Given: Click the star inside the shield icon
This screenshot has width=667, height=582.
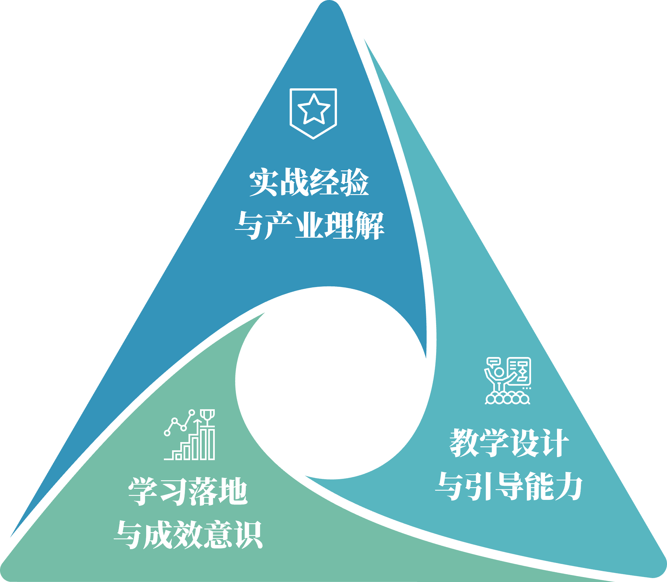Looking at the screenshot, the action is pyautogui.click(x=314, y=109).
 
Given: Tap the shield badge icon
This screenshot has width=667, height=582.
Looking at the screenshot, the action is pyautogui.click(x=313, y=114).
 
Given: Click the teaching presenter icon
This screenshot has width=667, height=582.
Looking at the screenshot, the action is pyautogui.click(x=507, y=381).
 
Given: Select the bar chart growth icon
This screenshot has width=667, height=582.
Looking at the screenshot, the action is pyautogui.click(x=189, y=435).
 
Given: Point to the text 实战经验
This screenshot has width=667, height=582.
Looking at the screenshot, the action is pyautogui.click(x=309, y=182).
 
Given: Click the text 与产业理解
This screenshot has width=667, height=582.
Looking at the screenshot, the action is pyautogui.click(x=309, y=225).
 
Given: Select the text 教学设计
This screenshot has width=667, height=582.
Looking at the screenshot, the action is pyautogui.click(x=509, y=443).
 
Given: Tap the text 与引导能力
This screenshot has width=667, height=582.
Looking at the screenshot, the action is pyautogui.click(x=509, y=486).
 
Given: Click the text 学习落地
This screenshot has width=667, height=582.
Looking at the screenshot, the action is pyautogui.click(x=188, y=491).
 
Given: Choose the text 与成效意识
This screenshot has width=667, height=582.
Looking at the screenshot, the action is pyautogui.click(x=188, y=534).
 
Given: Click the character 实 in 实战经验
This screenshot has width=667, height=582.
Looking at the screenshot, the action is pyautogui.click(x=264, y=182).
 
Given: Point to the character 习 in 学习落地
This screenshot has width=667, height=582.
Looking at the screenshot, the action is pyautogui.click(x=173, y=491).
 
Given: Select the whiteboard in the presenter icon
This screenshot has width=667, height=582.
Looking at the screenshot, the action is pyautogui.click(x=519, y=371).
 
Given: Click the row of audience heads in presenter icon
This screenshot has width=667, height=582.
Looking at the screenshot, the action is pyautogui.click(x=507, y=399).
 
